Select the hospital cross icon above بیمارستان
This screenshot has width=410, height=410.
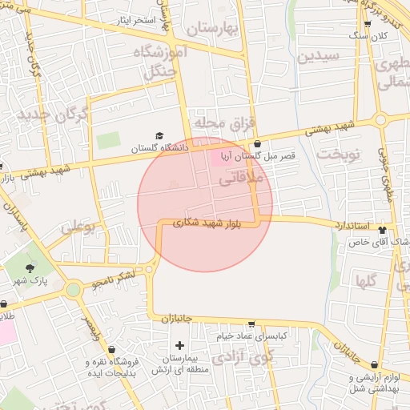179,345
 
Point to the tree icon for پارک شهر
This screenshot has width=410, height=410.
30,268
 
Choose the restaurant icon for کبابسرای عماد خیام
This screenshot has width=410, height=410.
252,324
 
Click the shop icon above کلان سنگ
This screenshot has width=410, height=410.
368,24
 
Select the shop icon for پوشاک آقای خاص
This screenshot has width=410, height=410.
392,228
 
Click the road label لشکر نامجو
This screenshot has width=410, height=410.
113,280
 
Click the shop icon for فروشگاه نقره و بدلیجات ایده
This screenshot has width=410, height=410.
111,349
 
